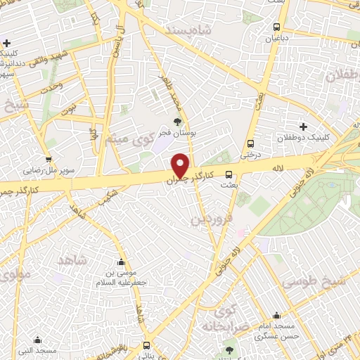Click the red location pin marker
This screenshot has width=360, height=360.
click(181, 165)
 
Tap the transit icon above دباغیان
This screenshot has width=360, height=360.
click(278, 29)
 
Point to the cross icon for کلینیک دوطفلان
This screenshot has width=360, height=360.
click(303, 127)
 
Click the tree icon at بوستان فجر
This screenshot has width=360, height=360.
click(176, 121)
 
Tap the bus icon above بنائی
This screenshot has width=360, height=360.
click(147, 345)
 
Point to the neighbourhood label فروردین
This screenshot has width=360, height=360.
click(210, 220)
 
